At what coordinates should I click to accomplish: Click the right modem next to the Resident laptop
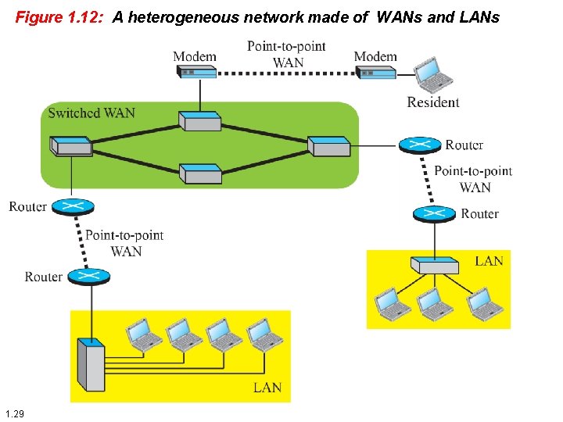(375, 72)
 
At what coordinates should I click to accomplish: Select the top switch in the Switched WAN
(199, 121)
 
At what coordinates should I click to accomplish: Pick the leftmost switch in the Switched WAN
(70, 145)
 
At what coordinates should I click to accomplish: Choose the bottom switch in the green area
(200, 173)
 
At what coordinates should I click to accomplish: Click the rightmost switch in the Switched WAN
(328, 145)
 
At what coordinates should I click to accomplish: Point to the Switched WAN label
(91, 113)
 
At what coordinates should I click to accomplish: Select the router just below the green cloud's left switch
(72, 207)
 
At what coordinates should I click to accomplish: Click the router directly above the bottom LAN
(88, 276)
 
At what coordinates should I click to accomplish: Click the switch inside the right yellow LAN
(437, 265)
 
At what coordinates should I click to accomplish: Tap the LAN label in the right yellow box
(489, 261)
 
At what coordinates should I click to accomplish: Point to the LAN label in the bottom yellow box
(267, 388)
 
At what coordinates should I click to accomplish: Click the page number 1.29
(14, 413)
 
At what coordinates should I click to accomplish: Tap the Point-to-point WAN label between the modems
(286, 55)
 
